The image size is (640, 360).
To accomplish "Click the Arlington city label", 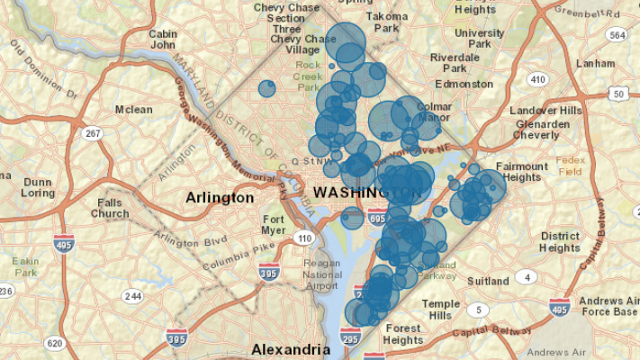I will coord(219,197).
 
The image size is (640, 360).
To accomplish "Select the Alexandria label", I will coord(290,348).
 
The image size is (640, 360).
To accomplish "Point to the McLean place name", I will coord(133,110).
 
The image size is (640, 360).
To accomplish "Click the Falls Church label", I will coord(110,208).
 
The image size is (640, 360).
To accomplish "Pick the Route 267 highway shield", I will coord(92,133).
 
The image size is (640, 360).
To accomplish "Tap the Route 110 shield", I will coord(307,238).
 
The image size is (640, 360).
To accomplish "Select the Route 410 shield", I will coord(538,79).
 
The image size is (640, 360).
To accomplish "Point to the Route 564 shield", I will coord(616,35).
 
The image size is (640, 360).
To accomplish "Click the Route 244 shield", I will coord(133,296).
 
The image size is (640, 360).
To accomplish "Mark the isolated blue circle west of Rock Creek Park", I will coord(266,88).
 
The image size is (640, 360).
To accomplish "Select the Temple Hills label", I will coord(441,310).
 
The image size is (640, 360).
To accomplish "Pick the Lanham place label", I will coord(595,64).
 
